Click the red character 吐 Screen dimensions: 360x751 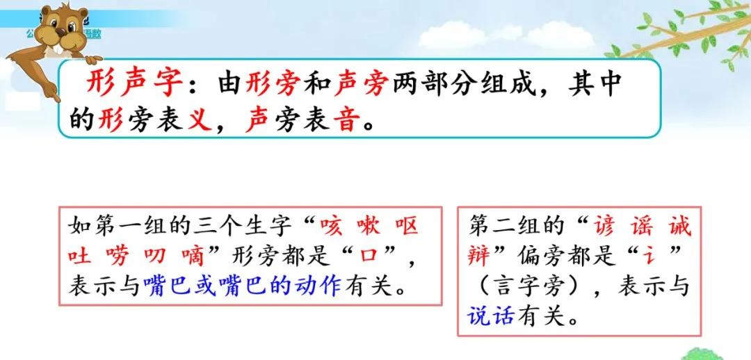click(80, 256)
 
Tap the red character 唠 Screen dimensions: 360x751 click(119, 256)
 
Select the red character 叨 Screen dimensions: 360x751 click(157, 256)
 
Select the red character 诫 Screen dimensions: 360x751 click(678, 227)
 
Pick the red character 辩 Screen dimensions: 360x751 click(481, 256)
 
